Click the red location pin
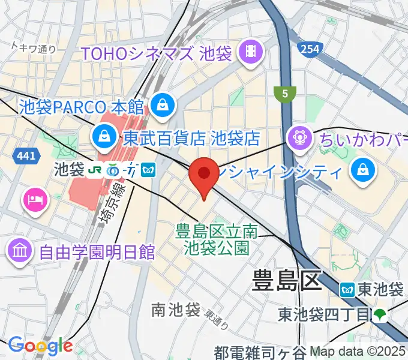tap(204, 175)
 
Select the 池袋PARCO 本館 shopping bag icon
tap(161, 106)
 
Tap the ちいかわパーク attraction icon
tap(298, 139)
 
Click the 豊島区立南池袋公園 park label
tap(216, 239)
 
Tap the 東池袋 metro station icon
tap(347, 289)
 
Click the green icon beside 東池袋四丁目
tap(379, 313)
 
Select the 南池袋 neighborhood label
tap(175, 310)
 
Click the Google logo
tap(40, 345)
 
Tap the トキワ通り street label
tap(34, 49)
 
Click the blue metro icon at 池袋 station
tap(148, 171)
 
